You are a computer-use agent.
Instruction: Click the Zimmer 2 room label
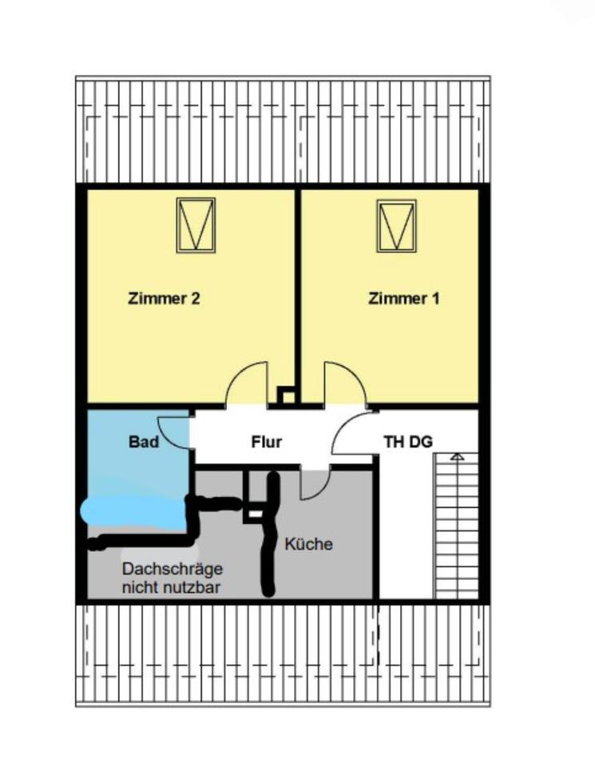point(163,300)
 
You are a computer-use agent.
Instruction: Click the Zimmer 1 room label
point(403,300)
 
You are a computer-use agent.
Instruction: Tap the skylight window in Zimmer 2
point(196,225)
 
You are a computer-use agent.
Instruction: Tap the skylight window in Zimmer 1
point(397,225)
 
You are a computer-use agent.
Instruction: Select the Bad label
point(144,441)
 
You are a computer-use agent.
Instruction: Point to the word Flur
point(267,441)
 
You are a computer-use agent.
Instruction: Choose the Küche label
point(308,545)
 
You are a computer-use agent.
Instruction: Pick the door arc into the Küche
point(313,483)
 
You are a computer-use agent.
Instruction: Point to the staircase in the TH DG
point(456,527)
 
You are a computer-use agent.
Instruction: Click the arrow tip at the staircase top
point(457,456)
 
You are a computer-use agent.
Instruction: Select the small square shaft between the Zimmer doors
point(287,395)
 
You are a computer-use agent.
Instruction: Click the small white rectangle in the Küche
point(254,515)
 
